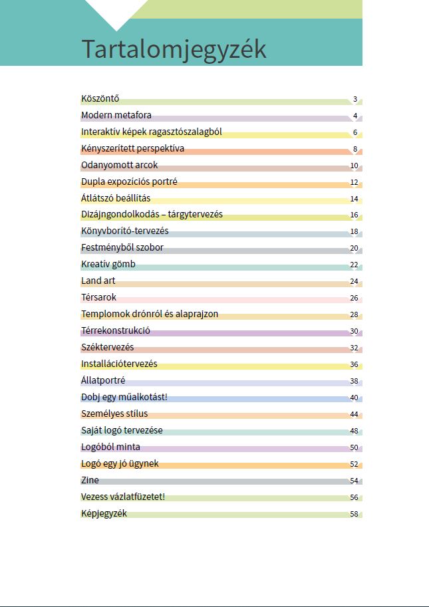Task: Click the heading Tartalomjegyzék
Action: tap(174, 49)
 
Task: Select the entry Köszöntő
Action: tap(100, 98)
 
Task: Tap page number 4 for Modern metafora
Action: tap(355, 116)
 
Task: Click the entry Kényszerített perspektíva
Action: tap(132, 148)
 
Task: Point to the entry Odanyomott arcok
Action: tap(119, 165)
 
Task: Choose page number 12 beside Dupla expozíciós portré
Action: tap(354, 182)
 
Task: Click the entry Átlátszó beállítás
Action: tap(116, 198)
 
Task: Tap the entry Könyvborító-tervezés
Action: tap(124, 231)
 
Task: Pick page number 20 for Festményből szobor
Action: tap(354, 249)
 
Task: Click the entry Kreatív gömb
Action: tap(108, 264)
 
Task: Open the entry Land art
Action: tap(98, 281)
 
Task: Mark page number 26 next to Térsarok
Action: tap(354, 299)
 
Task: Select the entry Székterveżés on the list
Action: tap(107, 347)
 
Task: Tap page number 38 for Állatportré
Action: tap(354, 382)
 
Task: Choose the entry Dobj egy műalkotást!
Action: tap(124, 397)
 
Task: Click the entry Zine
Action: tap(90, 480)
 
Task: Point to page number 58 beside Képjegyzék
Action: tap(354, 515)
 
